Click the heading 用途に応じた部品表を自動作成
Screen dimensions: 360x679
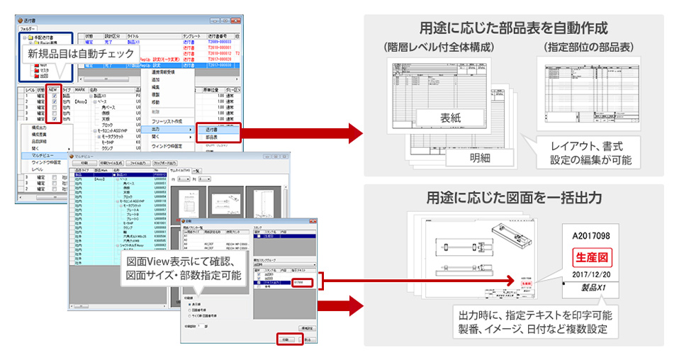(x=515, y=29)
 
